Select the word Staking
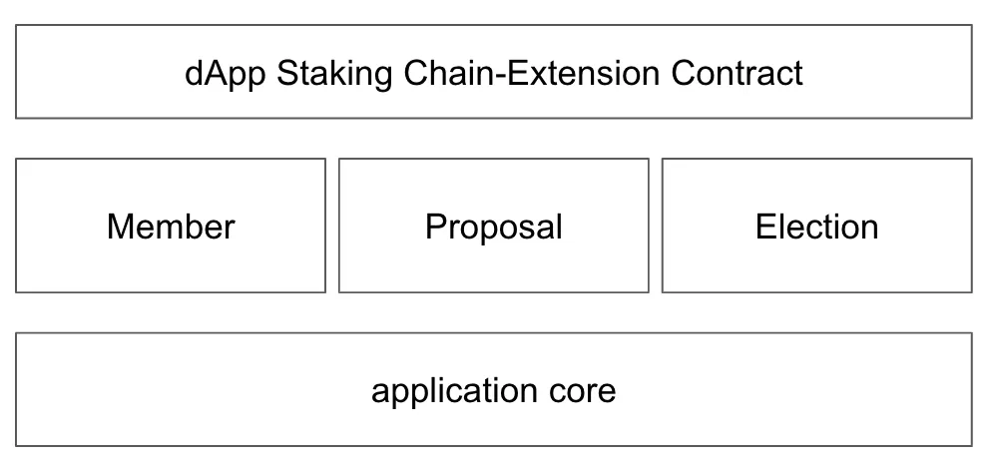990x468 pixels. pyautogui.click(x=334, y=74)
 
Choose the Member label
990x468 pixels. pyautogui.click(x=171, y=227)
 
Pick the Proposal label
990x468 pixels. pyautogui.click(x=493, y=227)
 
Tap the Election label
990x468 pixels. pyautogui.click(x=816, y=227)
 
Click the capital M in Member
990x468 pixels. pyautogui.click(x=120, y=227)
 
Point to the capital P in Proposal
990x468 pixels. pyautogui.click(x=435, y=227)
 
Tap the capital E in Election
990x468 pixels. pyautogui.click(x=765, y=227)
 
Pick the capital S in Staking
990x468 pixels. pyautogui.click(x=286, y=74)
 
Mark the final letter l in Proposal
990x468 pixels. pyautogui.click(x=559, y=227)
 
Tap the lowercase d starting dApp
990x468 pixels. pyautogui.click(x=193, y=74)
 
